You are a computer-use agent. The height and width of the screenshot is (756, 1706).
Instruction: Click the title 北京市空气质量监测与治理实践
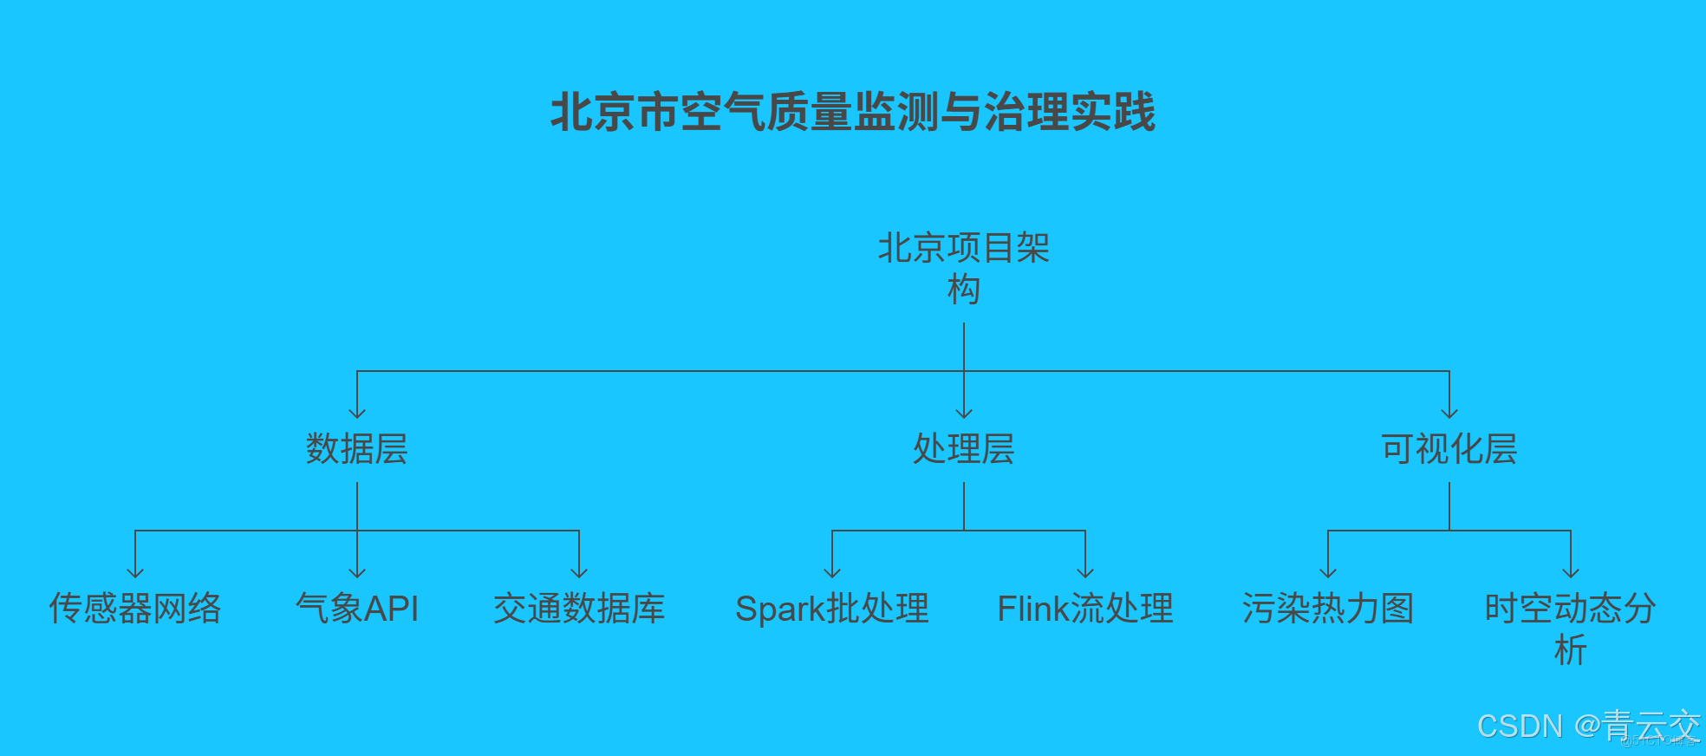pyautogui.click(x=853, y=113)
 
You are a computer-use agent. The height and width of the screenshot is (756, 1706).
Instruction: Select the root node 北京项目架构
pyautogui.click(x=964, y=268)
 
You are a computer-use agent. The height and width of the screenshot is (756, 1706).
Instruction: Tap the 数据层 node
pyautogui.click(x=357, y=449)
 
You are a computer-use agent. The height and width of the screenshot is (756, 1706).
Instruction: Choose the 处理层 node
pyautogui.click(x=964, y=449)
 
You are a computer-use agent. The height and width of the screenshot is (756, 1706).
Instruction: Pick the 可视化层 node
pyautogui.click(x=1449, y=449)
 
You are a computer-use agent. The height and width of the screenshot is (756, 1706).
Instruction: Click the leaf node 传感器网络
pyautogui.click(x=135, y=609)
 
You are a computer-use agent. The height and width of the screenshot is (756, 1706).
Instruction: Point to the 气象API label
pyautogui.click(x=357, y=609)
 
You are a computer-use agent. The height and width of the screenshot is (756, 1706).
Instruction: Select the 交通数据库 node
pyautogui.click(x=579, y=609)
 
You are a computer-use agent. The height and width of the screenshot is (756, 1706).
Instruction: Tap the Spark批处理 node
pyautogui.click(x=832, y=609)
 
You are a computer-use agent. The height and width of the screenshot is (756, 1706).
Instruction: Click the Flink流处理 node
pyautogui.click(x=1085, y=609)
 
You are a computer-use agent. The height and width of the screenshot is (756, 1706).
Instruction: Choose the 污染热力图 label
pyautogui.click(x=1328, y=609)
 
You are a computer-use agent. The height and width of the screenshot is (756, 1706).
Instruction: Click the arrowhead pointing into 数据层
pyautogui.click(x=357, y=414)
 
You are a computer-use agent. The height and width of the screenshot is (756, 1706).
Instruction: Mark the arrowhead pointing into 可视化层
pyautogui.click(x=1449, y=414)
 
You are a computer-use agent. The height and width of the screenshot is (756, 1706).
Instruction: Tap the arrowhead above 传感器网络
pyautogui.click(x=135, y=573)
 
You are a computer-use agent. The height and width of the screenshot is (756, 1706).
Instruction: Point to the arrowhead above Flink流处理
pyautogui.click(x=1085, y=573)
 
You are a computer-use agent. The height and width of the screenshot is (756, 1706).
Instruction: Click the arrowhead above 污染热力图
pyautogui.click(x=1328, y=573)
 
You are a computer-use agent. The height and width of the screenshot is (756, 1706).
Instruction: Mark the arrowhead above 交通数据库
pyautogui.click(x=579, y=573)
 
